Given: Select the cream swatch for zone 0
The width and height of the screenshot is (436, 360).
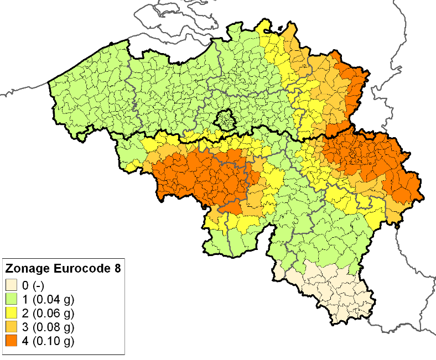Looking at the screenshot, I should (x=12, y=285).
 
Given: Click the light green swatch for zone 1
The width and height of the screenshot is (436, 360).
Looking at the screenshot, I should (x=12, y=299).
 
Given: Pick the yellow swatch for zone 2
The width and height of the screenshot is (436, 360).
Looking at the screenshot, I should (x=12, y=313).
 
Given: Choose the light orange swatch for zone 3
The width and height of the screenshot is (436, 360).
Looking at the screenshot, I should (x=12, y=327).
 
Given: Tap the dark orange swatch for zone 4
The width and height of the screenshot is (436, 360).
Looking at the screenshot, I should (x=12, y=341).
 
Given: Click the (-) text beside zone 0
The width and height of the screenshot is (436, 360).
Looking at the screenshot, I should (x=37, y=285).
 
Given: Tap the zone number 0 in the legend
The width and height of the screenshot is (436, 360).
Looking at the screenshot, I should (x=25, y=285).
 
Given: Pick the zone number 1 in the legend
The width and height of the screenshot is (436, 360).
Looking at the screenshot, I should (x=25, y=299).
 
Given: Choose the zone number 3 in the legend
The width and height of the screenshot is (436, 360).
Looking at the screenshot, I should (x=25, y=327).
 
